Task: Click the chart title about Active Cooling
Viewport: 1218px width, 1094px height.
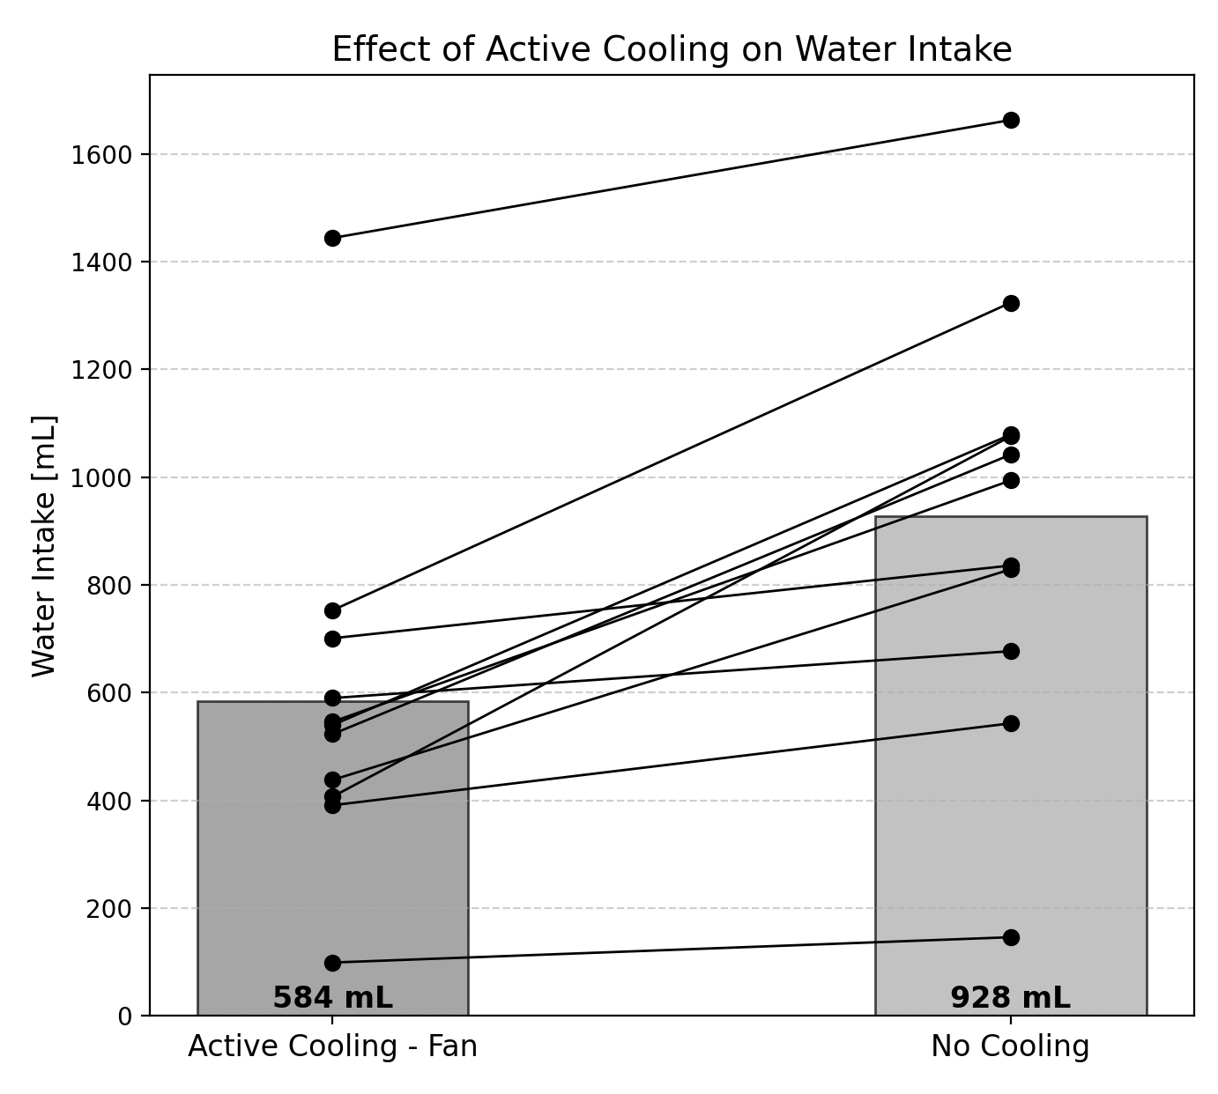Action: coord(672,49)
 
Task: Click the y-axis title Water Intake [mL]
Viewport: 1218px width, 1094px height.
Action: coord(44,546)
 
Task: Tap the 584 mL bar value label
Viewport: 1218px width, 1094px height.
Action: coord(332,998)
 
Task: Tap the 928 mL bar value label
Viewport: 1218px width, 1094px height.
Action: coord(1010,998)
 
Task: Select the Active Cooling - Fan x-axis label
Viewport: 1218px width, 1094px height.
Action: coord(332,1046)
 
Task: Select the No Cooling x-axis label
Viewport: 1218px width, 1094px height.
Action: coord(1010,1046)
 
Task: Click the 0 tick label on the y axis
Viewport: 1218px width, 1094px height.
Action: coord(124,1016)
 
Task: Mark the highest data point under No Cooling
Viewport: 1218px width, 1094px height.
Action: coord(1011,120)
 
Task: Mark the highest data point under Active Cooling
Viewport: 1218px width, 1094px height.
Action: coord(332,238)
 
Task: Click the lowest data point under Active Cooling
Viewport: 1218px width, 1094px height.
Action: coord(332,963)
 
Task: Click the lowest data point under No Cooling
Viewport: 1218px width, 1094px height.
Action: coord(1011,937)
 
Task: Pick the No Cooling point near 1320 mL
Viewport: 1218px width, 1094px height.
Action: coord(1011,303)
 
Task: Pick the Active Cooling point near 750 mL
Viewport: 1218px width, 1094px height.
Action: coord(332,610)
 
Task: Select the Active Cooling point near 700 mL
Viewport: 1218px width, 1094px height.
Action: coord(332,639)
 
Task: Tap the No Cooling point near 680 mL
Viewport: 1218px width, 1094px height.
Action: coord(1011,651)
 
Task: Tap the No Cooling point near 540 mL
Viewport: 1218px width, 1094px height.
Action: coord(1011,723)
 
